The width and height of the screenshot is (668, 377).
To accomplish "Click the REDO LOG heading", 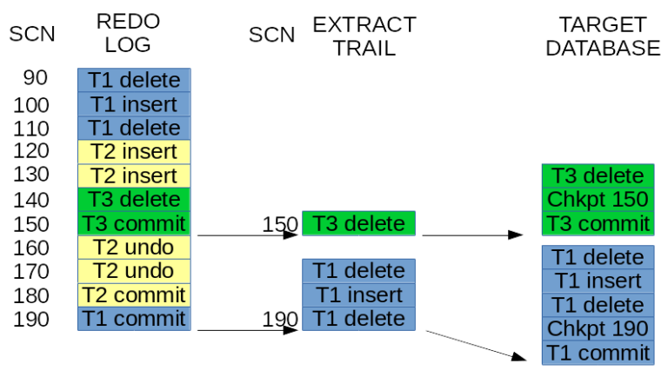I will coord(128,34).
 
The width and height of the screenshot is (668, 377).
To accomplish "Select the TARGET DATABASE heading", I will coord(603,36).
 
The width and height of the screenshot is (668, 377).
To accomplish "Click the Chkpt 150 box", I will coord(598,199).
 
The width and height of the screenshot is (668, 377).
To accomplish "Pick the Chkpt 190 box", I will coord(598,328).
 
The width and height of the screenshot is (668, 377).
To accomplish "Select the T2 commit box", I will coord(134,294).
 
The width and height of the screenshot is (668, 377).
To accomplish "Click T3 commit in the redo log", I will coord(134,223).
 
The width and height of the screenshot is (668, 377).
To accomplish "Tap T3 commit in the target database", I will coord(598,223).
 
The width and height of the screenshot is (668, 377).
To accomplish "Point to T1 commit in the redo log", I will coord(134,318).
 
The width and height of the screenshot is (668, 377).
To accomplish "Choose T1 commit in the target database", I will coord(598,353).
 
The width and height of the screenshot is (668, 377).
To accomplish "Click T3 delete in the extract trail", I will coord(358,223).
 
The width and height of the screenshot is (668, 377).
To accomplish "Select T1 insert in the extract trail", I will coord(358,294).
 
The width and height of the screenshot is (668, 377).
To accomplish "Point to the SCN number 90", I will coord(35,79).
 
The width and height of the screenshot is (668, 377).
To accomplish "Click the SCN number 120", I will coord(31,151).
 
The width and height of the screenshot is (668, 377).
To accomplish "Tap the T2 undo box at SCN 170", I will coord(134,271).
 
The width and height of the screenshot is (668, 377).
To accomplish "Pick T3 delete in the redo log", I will coord(134,199).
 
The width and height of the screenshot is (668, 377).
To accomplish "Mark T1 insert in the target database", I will coord(598,281).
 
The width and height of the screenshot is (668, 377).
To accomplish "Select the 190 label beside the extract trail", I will coord(280,319).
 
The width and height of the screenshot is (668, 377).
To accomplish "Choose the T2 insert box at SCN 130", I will coord(134,175).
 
